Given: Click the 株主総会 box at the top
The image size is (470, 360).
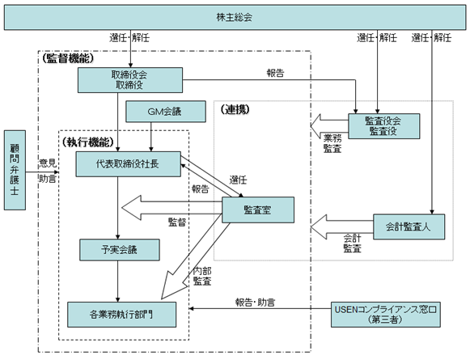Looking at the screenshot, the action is point(235,17).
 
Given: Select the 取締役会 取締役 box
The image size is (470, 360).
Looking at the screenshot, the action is point(130,80).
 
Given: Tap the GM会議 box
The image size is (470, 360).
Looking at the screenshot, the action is point(166,112).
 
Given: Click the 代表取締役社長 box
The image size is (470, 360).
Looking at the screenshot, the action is point(129,164).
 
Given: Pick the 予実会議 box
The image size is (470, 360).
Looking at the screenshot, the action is point(119,250).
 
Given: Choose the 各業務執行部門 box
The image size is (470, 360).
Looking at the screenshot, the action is point(121,315).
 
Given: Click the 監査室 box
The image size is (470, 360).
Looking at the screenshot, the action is point(258,210).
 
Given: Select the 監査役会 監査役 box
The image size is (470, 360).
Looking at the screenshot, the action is point(383,126).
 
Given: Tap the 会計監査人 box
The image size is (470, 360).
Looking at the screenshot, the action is point(409,227).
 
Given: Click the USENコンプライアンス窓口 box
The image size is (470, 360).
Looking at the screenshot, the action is point(386,315).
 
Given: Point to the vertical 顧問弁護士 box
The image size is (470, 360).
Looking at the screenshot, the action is point(15,170).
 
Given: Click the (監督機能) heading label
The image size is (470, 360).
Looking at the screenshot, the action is point(68,58).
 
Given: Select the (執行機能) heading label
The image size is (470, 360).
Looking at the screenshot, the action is point(88,142).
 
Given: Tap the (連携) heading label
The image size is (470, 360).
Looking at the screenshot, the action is point(235,109).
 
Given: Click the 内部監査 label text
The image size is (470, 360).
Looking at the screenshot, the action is point(202,276).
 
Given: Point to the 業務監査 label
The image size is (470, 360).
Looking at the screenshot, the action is point(332,143).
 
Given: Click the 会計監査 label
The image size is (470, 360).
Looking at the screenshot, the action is point(353,244).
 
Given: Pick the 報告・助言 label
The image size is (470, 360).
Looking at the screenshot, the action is point(255,303).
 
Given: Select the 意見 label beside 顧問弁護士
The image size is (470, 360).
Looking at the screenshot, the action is point(48,163).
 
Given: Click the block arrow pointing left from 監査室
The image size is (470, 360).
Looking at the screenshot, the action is point(171,208).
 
